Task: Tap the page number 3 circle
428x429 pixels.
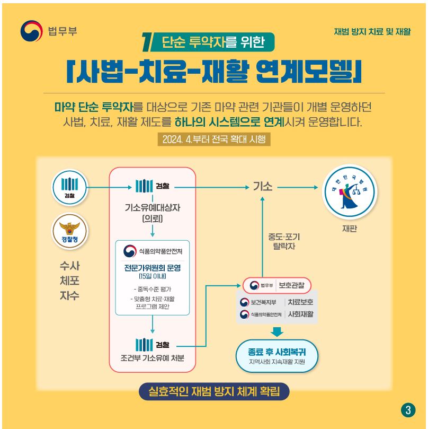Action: pos(407,409)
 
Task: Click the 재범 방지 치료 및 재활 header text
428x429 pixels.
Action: pos(372,32)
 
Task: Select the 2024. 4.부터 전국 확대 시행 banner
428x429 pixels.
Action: pos(214,139)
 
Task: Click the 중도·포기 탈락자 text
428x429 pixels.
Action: pos(284,241)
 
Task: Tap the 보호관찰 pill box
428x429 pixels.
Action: pos(277,285)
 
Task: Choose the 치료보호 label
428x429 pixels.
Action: pos(300,302)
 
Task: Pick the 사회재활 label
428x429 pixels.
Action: pos(300,314)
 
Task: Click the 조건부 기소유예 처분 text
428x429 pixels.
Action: pos(153,357)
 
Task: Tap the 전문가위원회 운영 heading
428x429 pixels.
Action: pos(153,268)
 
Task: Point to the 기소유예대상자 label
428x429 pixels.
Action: pos(153,208)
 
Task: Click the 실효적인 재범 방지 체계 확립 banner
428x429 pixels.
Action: pos(214,392)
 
